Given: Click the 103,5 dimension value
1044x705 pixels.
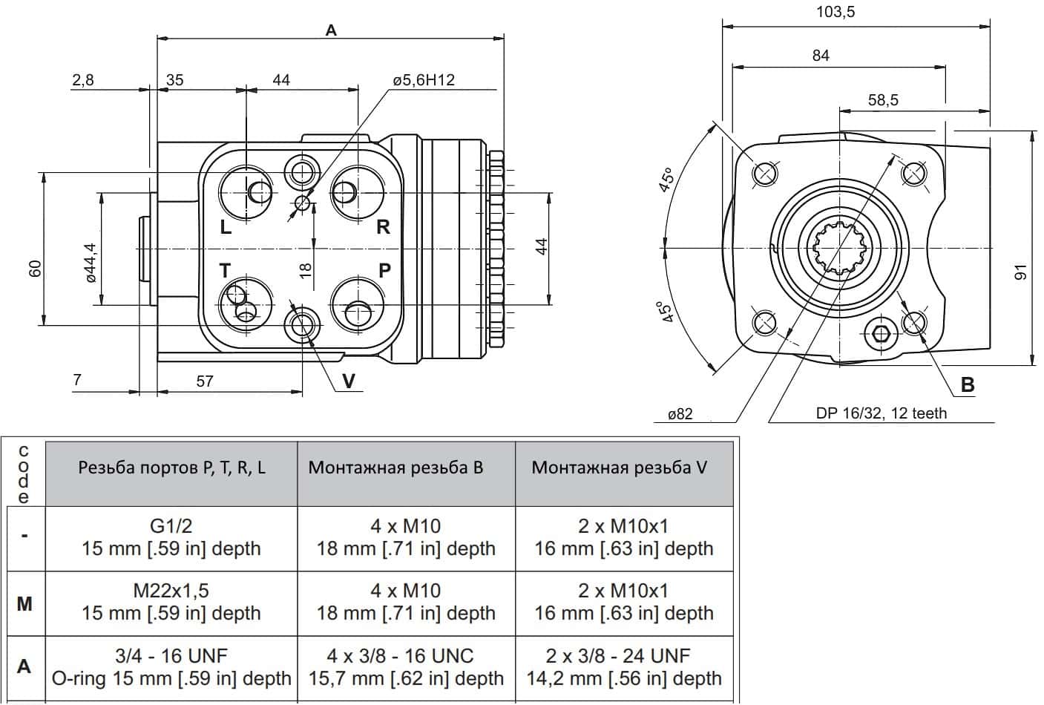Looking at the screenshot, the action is point(835,12).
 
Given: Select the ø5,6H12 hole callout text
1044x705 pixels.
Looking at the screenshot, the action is point(424,79).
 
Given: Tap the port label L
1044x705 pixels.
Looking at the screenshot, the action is point(226,228).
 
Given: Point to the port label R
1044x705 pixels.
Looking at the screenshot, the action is point(383,227).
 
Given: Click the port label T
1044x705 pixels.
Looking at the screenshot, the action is point(225,270).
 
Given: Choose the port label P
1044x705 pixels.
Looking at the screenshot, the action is point(384,270).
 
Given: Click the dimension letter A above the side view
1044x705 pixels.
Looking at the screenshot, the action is point(330,30).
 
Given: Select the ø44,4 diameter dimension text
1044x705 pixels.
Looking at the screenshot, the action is point(91,263).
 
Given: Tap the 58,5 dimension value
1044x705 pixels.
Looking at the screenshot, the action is point(883,99).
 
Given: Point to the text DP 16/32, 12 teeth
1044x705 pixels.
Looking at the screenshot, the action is point(882,413).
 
